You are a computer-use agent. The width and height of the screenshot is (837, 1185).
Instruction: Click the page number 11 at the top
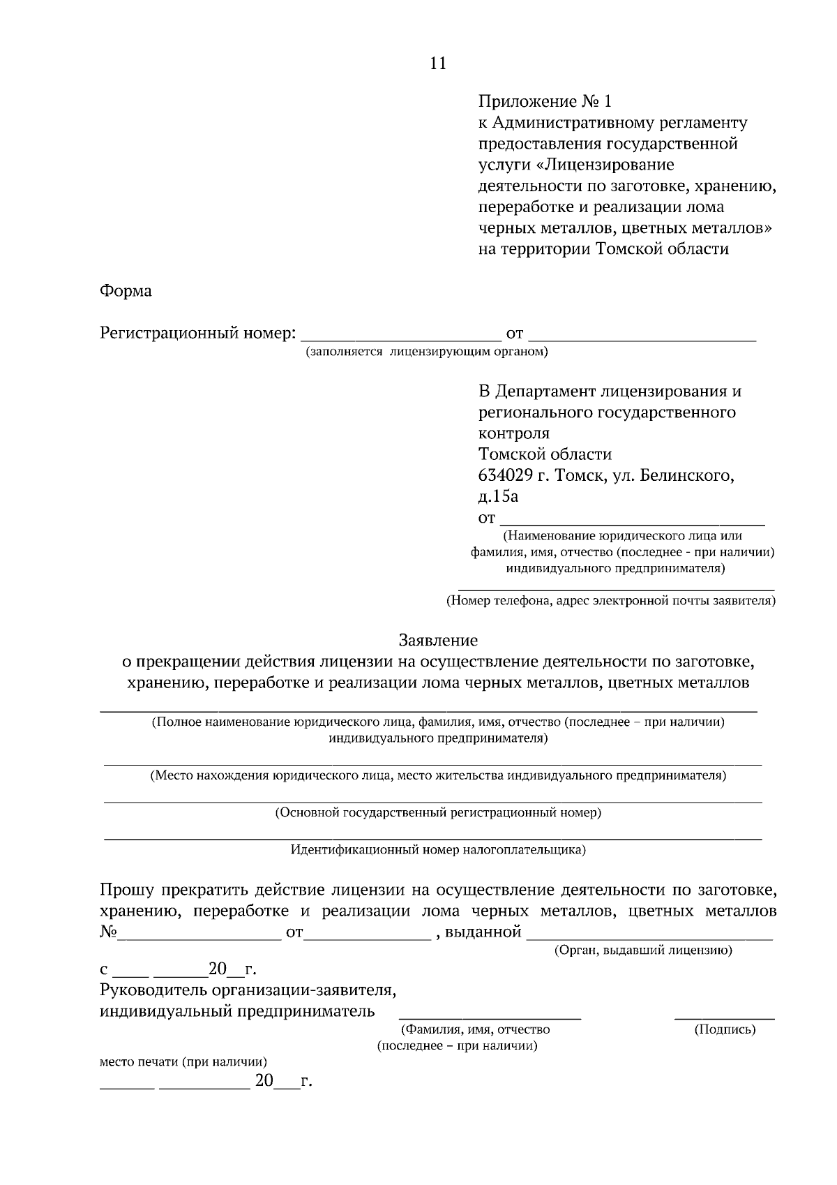coord(438,64)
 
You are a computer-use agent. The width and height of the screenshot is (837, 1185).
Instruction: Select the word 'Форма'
coord(126,291)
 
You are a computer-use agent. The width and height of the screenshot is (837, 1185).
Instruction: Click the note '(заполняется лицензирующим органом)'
coord(425,352)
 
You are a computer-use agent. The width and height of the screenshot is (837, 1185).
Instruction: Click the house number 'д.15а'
coord(498,497)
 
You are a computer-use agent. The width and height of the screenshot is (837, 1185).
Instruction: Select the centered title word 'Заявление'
coord(438,640)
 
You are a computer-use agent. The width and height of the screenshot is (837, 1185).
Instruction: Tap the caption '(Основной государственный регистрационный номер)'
coord(438,813)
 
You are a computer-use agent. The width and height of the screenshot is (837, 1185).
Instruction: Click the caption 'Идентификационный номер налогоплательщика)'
coord(438,850)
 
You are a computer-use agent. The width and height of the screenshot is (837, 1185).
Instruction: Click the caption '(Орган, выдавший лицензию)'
coord(642,951)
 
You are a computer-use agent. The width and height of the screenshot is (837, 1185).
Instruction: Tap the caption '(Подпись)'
coord(725,1029)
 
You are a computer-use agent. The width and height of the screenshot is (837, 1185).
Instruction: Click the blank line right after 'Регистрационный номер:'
coord(400,337)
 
